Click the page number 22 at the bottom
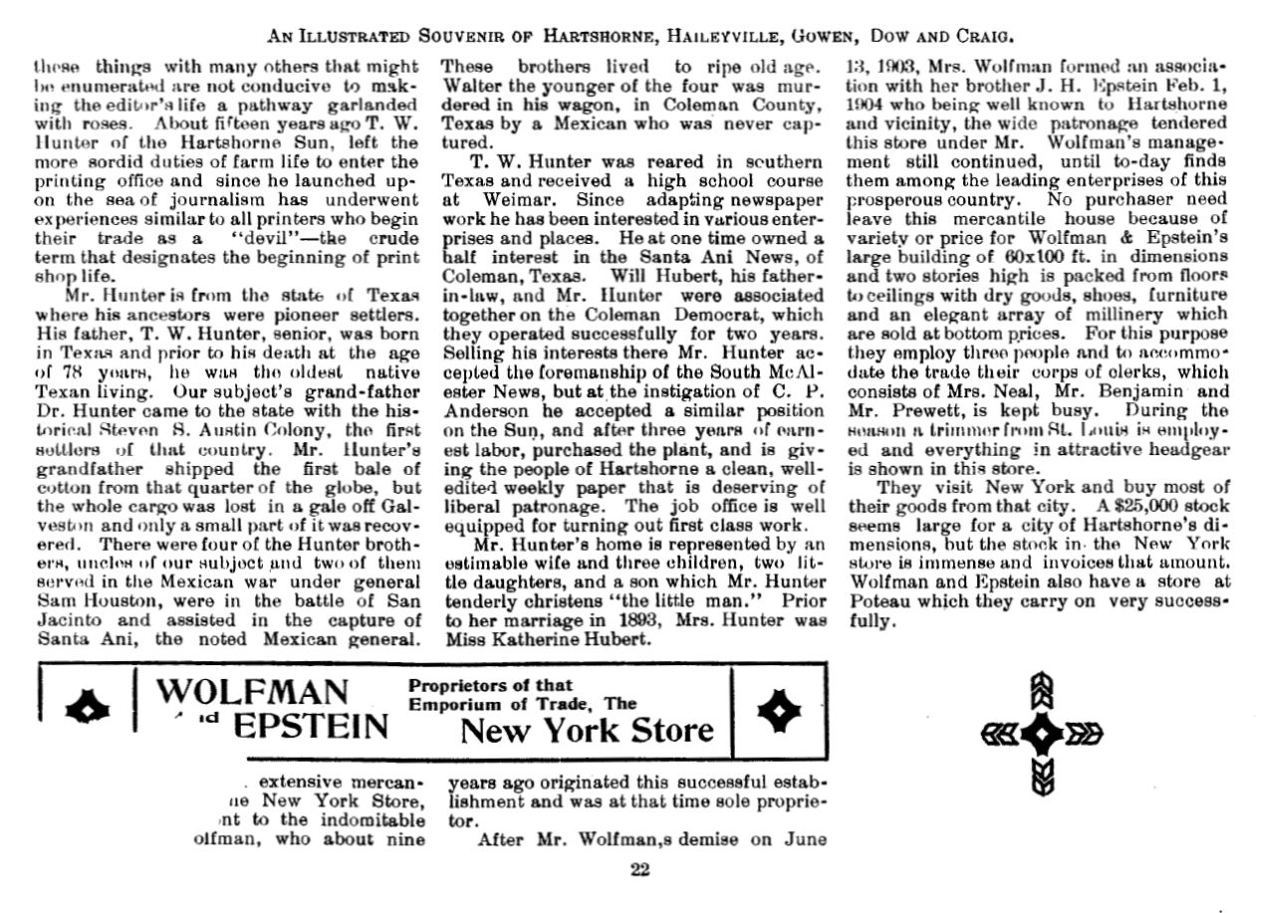[x=639, y=869]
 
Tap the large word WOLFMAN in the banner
[x=254, y=691]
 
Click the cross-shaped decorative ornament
[x=1042, y=734]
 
